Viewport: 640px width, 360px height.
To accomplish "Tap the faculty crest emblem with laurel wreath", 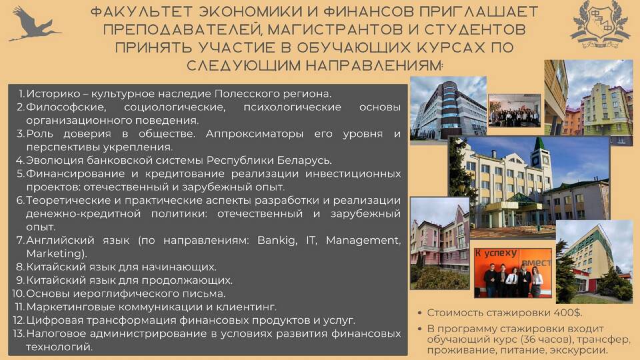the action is [600, 24].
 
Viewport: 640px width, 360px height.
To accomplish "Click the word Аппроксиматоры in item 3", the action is [254, 134].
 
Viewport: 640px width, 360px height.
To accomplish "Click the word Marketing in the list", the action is [56, 253].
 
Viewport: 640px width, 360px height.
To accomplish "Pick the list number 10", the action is [19, 293].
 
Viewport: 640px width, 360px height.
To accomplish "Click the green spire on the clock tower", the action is [539, 143].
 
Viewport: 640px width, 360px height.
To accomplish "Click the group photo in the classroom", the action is [514, 110].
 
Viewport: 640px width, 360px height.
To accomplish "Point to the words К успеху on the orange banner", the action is [496, 253].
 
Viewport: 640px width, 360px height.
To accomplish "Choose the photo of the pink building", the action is [440, 243].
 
